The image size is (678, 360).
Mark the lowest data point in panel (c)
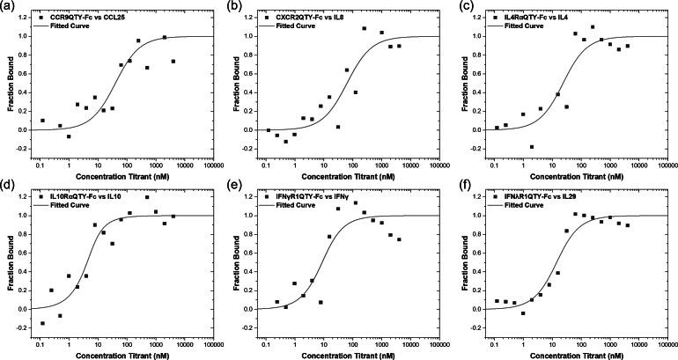(532, 147)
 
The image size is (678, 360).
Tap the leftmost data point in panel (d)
(41, 323)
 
